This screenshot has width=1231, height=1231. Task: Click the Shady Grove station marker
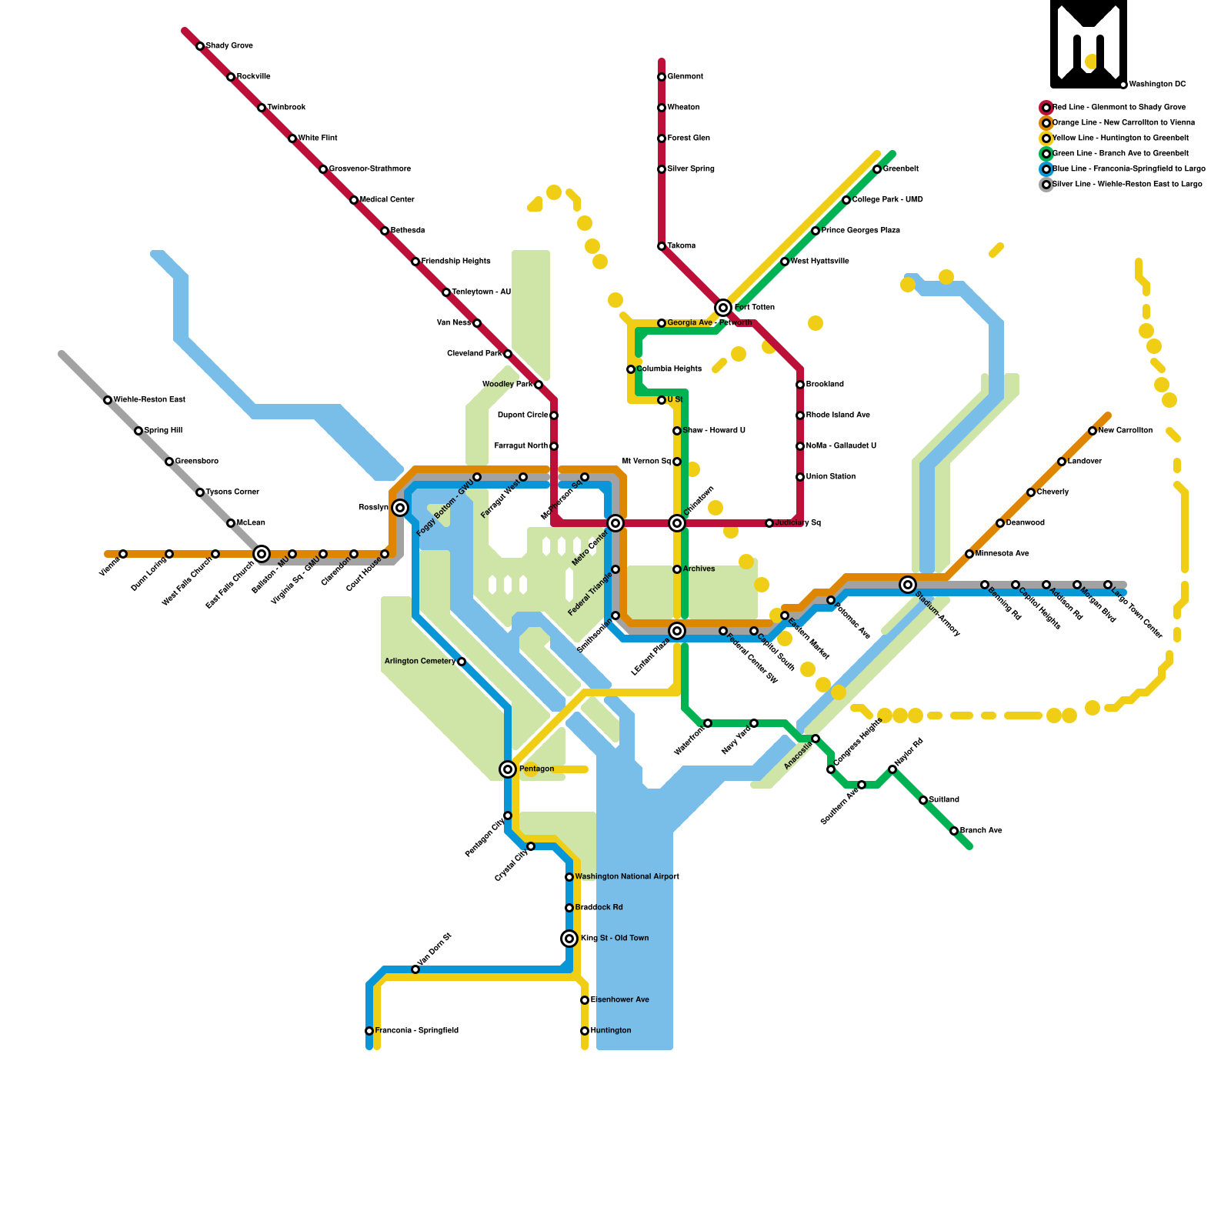(x=200, y=46)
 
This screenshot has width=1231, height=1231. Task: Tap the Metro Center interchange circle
(x=615, y=523)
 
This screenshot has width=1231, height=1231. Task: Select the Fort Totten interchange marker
(x=723, y=308)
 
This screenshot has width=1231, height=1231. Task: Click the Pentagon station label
(x=536, y=769)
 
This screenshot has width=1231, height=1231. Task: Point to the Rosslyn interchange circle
(x=400, y=508)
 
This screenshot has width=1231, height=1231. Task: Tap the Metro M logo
(x=1089, y=44)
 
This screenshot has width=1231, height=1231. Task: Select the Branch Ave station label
(x=981, y=831)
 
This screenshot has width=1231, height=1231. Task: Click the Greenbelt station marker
(x=877, y=169)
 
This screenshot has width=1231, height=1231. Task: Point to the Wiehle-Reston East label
(x=149, y=400)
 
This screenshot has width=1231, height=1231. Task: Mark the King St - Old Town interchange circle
(x=569, y=939)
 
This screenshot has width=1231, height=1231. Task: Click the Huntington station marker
(x=585, y=1031)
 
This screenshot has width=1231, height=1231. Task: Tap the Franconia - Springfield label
(x=416, y=1031)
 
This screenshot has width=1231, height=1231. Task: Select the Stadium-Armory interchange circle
(x=908, y=585)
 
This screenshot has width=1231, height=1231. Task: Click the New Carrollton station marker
(x=1093, y=431)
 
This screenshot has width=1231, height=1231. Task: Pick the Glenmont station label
(x=685, y=77)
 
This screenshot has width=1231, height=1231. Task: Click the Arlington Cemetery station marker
(x=462, y=662)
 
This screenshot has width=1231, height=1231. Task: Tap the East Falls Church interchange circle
(x=262, y=554)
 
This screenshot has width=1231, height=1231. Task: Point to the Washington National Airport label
(x=627, y=877)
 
